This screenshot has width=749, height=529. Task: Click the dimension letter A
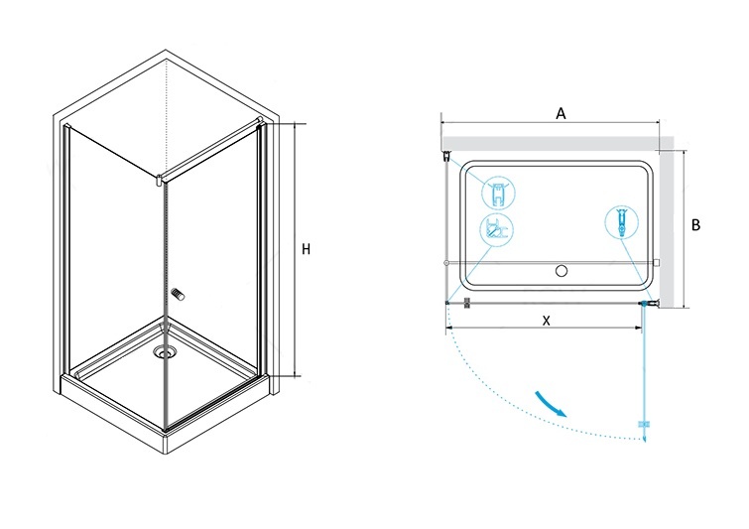[x=561, y=114]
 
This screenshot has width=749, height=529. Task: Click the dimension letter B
[x=696, y=224]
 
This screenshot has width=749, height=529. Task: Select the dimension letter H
[x=307, y=249]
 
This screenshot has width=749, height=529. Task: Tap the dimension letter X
[x=547, y=321]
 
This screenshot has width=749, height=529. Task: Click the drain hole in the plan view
[x=562, y=271]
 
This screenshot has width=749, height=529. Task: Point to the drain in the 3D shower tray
[x=165, y=353]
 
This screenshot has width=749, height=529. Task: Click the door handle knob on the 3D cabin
[x=179, y=295]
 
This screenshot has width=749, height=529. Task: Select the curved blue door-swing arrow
[x=550, y=404]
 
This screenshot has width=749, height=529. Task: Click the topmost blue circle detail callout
[x=498, y=193]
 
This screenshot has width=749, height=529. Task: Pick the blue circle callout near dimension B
[x=621, y=222]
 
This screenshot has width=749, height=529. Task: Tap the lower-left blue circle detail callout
[x=496, y=229]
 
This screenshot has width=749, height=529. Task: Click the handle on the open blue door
[x=645, y=424]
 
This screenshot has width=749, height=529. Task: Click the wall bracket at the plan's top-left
[x=447, y=156]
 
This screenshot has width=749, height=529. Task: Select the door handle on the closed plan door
[x=467, y=303]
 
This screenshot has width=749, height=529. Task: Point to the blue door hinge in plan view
[x=645, y=303]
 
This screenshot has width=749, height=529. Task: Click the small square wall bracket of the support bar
[x=657, y=262]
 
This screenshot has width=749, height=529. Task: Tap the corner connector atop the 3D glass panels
[x=160, y=181]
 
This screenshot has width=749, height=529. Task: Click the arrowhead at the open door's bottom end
[x=645, y=438]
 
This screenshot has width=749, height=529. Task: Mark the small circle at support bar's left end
[x=446, y=262]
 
